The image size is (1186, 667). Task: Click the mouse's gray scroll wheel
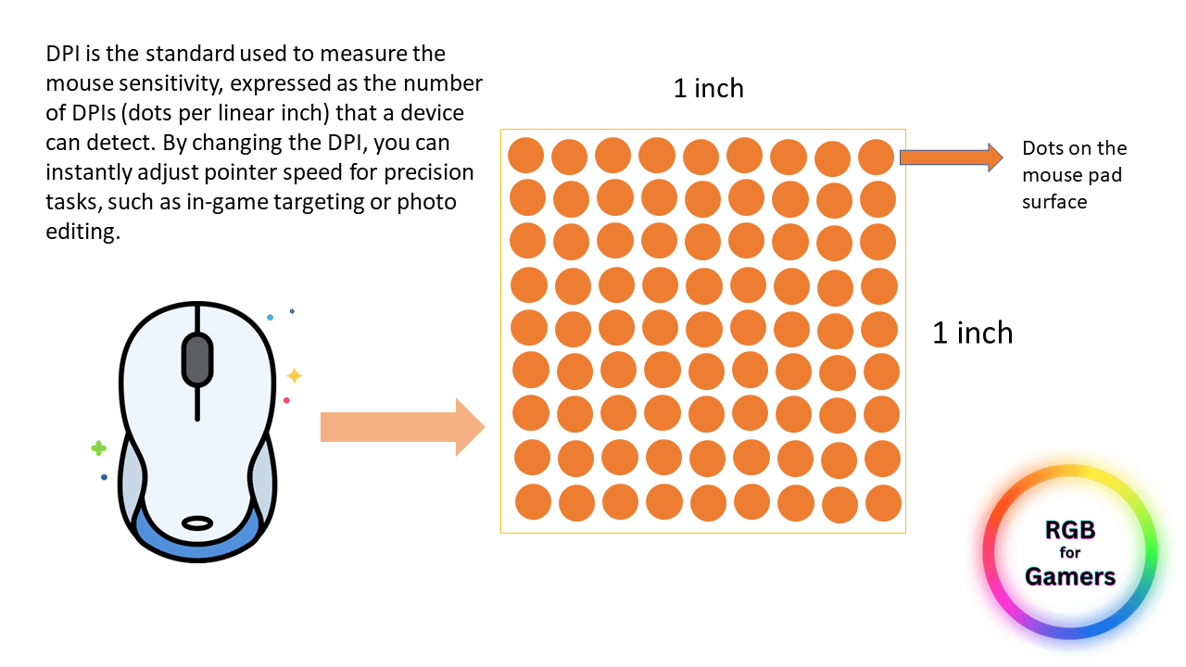pos(197,360)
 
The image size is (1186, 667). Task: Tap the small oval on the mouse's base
pos(197,523)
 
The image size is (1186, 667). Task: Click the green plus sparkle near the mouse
pos(98,448)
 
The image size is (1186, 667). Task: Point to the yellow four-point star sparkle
pos(295,376)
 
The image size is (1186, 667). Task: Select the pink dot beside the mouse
pos(286,400)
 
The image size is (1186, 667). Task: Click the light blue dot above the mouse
pos(270,317)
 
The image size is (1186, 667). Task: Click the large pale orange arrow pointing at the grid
pos(402,427)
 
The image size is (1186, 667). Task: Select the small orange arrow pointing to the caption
pos(951,157)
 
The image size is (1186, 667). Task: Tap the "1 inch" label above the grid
pos(709,88)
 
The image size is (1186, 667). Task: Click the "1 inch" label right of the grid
pos(972,333)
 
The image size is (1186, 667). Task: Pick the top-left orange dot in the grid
pos(525,155)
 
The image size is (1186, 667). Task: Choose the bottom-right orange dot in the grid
pos(884,503)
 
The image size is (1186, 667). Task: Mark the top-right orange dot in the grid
pos(877,157)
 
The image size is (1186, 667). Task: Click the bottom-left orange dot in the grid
pos(533,502)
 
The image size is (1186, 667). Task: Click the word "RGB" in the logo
pos(1070,530)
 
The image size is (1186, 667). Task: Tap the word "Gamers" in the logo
pos(1070,576)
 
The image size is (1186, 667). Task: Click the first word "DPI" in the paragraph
pos(62,54)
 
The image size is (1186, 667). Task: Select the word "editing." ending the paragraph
pos(83,233)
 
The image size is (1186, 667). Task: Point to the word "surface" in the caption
pos(1054,202)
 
